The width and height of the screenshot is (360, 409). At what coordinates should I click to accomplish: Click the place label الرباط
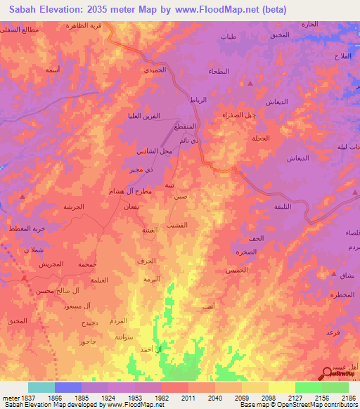(199, 100)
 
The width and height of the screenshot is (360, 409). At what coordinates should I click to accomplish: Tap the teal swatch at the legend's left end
(41, 387)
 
